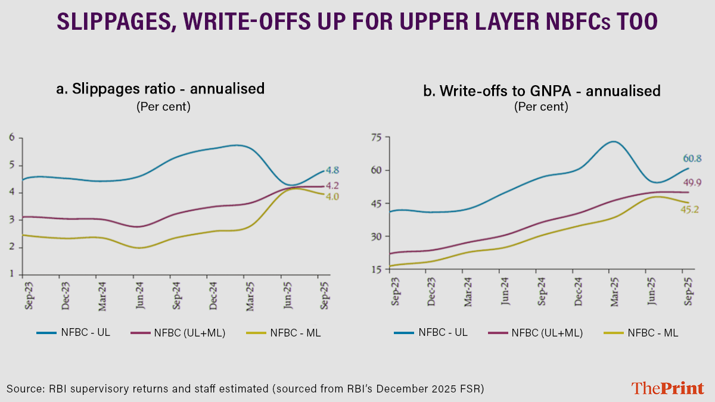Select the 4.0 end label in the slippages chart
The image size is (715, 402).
pos(332,197)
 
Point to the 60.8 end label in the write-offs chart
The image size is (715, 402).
pos(692,158)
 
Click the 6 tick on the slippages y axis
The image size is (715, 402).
pos(11,138)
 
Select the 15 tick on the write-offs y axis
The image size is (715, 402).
pos(375,270)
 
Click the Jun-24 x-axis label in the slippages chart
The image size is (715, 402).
pos(138,294)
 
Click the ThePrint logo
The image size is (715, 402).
pos(667,388)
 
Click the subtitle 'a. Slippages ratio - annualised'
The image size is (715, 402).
pos(160,89)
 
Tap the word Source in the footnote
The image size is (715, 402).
pos(24,388)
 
